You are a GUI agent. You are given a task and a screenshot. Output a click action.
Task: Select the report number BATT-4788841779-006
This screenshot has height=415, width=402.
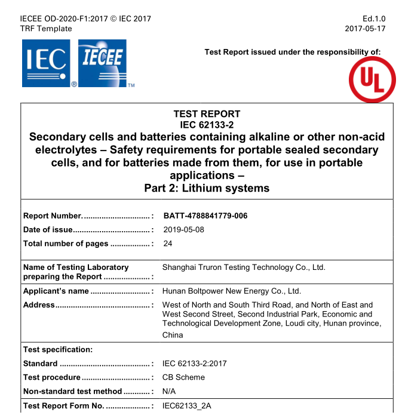click(205, 216)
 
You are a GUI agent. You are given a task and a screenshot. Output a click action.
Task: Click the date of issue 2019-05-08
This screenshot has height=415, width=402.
click(184, 229)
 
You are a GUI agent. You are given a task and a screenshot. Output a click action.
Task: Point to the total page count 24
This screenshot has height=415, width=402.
click(168, 243)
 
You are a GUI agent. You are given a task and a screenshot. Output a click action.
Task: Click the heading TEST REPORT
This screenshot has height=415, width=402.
click(207, 113)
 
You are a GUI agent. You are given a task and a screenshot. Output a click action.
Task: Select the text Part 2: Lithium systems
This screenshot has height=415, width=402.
click(207, 189)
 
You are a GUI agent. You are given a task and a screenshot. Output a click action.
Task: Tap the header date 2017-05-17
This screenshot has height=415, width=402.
click(365, 29)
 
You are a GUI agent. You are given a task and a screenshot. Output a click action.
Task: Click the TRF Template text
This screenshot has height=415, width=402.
click(46, 29)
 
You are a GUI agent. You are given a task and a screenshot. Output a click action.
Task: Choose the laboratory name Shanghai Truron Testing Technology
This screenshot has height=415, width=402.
click(244, 268)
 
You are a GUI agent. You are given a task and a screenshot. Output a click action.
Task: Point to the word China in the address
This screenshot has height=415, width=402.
click(173, 335)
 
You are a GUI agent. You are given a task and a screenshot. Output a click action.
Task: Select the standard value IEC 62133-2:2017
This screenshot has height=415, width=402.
click(195, 363)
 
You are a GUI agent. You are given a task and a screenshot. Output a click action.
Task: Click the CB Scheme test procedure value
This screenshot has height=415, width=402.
click(183, 377)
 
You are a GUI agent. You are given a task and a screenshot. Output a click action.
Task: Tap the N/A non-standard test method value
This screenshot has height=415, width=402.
click(169, 391)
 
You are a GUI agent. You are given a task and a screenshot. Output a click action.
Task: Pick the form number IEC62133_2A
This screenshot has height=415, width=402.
click(187, 406)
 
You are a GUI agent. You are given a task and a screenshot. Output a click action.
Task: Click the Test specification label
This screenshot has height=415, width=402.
click(57, 349)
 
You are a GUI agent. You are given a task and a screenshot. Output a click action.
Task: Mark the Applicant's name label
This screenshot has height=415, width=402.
click(56, 291)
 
